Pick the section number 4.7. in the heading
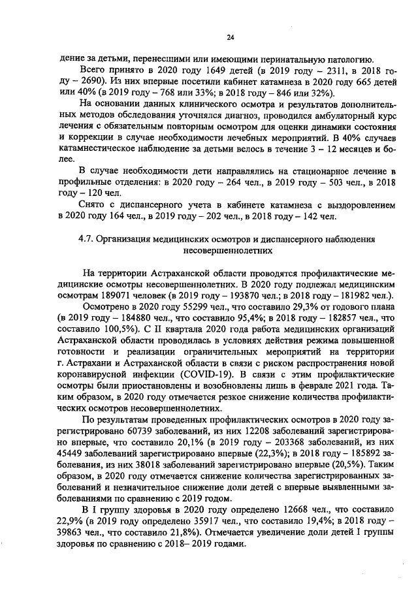pos(87,239)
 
